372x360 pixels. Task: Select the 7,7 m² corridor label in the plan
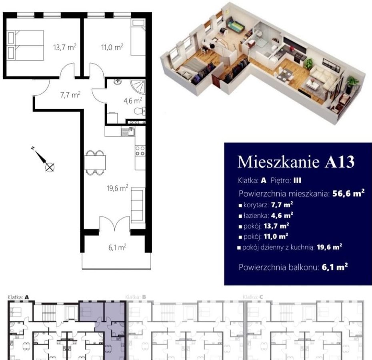click(x=70, y=95)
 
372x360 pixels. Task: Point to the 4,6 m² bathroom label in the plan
click(x=133, y=101)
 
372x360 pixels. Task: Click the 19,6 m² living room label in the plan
click(x=118, y=188)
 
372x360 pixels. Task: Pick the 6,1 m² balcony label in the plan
click(x=117, y=247)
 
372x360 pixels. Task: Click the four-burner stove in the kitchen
click(x=140, y=151)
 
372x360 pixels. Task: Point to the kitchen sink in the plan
click(x=128, y=131)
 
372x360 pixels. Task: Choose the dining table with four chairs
click(x=95, y=163)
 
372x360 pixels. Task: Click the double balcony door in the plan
click(x=115, y=223)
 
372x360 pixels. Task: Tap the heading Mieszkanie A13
click(x=296, y=162)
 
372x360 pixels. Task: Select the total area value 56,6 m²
click(x=348, y=193)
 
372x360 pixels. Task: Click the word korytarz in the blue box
click(x=256, y=205)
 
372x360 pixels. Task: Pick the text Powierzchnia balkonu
click(x=279, y=267)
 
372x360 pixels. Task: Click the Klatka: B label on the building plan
click(x=136, y=297)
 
